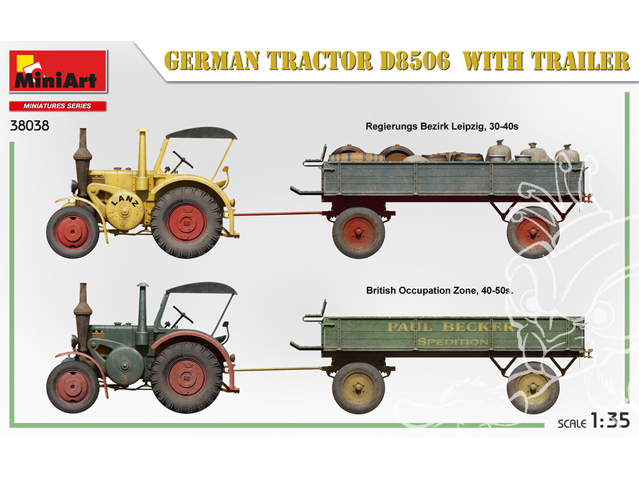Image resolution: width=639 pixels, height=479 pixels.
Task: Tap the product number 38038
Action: click(29, 125)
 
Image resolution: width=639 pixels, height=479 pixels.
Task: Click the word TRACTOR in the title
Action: click(319, 61)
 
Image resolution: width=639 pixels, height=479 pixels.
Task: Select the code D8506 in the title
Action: click(415, 61)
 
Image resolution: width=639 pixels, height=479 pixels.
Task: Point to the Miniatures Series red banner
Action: click(58, 106)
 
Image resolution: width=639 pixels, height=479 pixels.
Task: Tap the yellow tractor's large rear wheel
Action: click(187, 223)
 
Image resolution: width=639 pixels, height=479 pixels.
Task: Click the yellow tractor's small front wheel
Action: click(73, 232)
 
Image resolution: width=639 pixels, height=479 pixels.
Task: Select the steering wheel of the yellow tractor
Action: click(183, 159)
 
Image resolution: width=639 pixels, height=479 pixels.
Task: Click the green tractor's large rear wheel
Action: click(187, 377)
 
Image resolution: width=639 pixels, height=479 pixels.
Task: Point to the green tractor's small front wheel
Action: click(73, 387)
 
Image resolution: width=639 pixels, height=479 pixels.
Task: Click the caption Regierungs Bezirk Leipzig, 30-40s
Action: click(442, 126)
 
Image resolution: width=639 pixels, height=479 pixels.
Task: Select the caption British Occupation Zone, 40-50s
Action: click(440, 291)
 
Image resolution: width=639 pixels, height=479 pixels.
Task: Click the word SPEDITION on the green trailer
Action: click(453, 342)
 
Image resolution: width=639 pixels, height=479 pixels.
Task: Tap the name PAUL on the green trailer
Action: click(410, 327)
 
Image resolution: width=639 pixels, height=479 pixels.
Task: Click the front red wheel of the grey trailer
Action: click(358, 232)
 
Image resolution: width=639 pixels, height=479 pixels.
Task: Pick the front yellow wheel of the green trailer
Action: click(358, 388)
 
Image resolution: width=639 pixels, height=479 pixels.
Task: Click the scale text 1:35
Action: click(609, 421)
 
